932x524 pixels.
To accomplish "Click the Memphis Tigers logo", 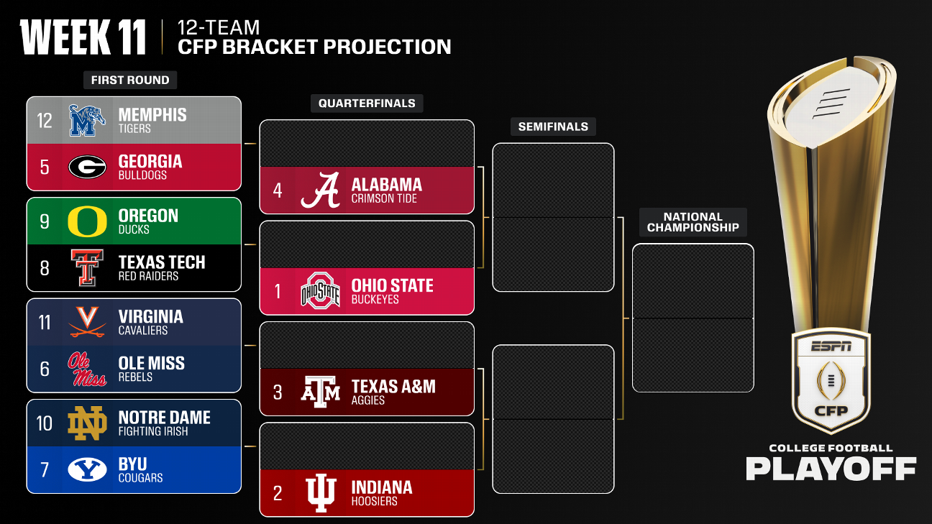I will coord(87,120).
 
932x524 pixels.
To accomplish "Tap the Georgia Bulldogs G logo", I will coord(87,167).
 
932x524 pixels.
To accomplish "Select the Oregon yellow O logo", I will coord(87,221).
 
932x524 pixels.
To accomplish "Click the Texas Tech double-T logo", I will coord(87,267).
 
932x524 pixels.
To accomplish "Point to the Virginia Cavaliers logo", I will coord(87,322).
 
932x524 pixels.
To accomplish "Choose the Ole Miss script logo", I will coord(87,369).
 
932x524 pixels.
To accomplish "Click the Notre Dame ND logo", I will coord(87,423).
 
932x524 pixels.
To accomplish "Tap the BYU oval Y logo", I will coord(87,469).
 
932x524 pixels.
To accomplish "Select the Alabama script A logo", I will coord(320,190).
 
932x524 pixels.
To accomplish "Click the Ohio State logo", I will coord(320,291).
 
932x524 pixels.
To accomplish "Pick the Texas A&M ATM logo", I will coord(320,392).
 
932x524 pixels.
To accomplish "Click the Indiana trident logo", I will coord(320,493).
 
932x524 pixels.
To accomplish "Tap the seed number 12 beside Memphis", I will coord(45,120).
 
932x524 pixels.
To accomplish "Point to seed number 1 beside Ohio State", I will coord(278,291).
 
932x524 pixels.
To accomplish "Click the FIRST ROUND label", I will coord(130,80).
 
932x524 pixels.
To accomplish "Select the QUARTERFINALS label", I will coord(367,104).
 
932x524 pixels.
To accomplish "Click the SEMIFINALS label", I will coord(553,127).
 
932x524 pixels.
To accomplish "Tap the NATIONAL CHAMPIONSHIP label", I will coord(693,222).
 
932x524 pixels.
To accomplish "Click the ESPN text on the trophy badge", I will coord(831,346).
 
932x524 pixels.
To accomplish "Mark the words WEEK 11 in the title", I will coord(83,37).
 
